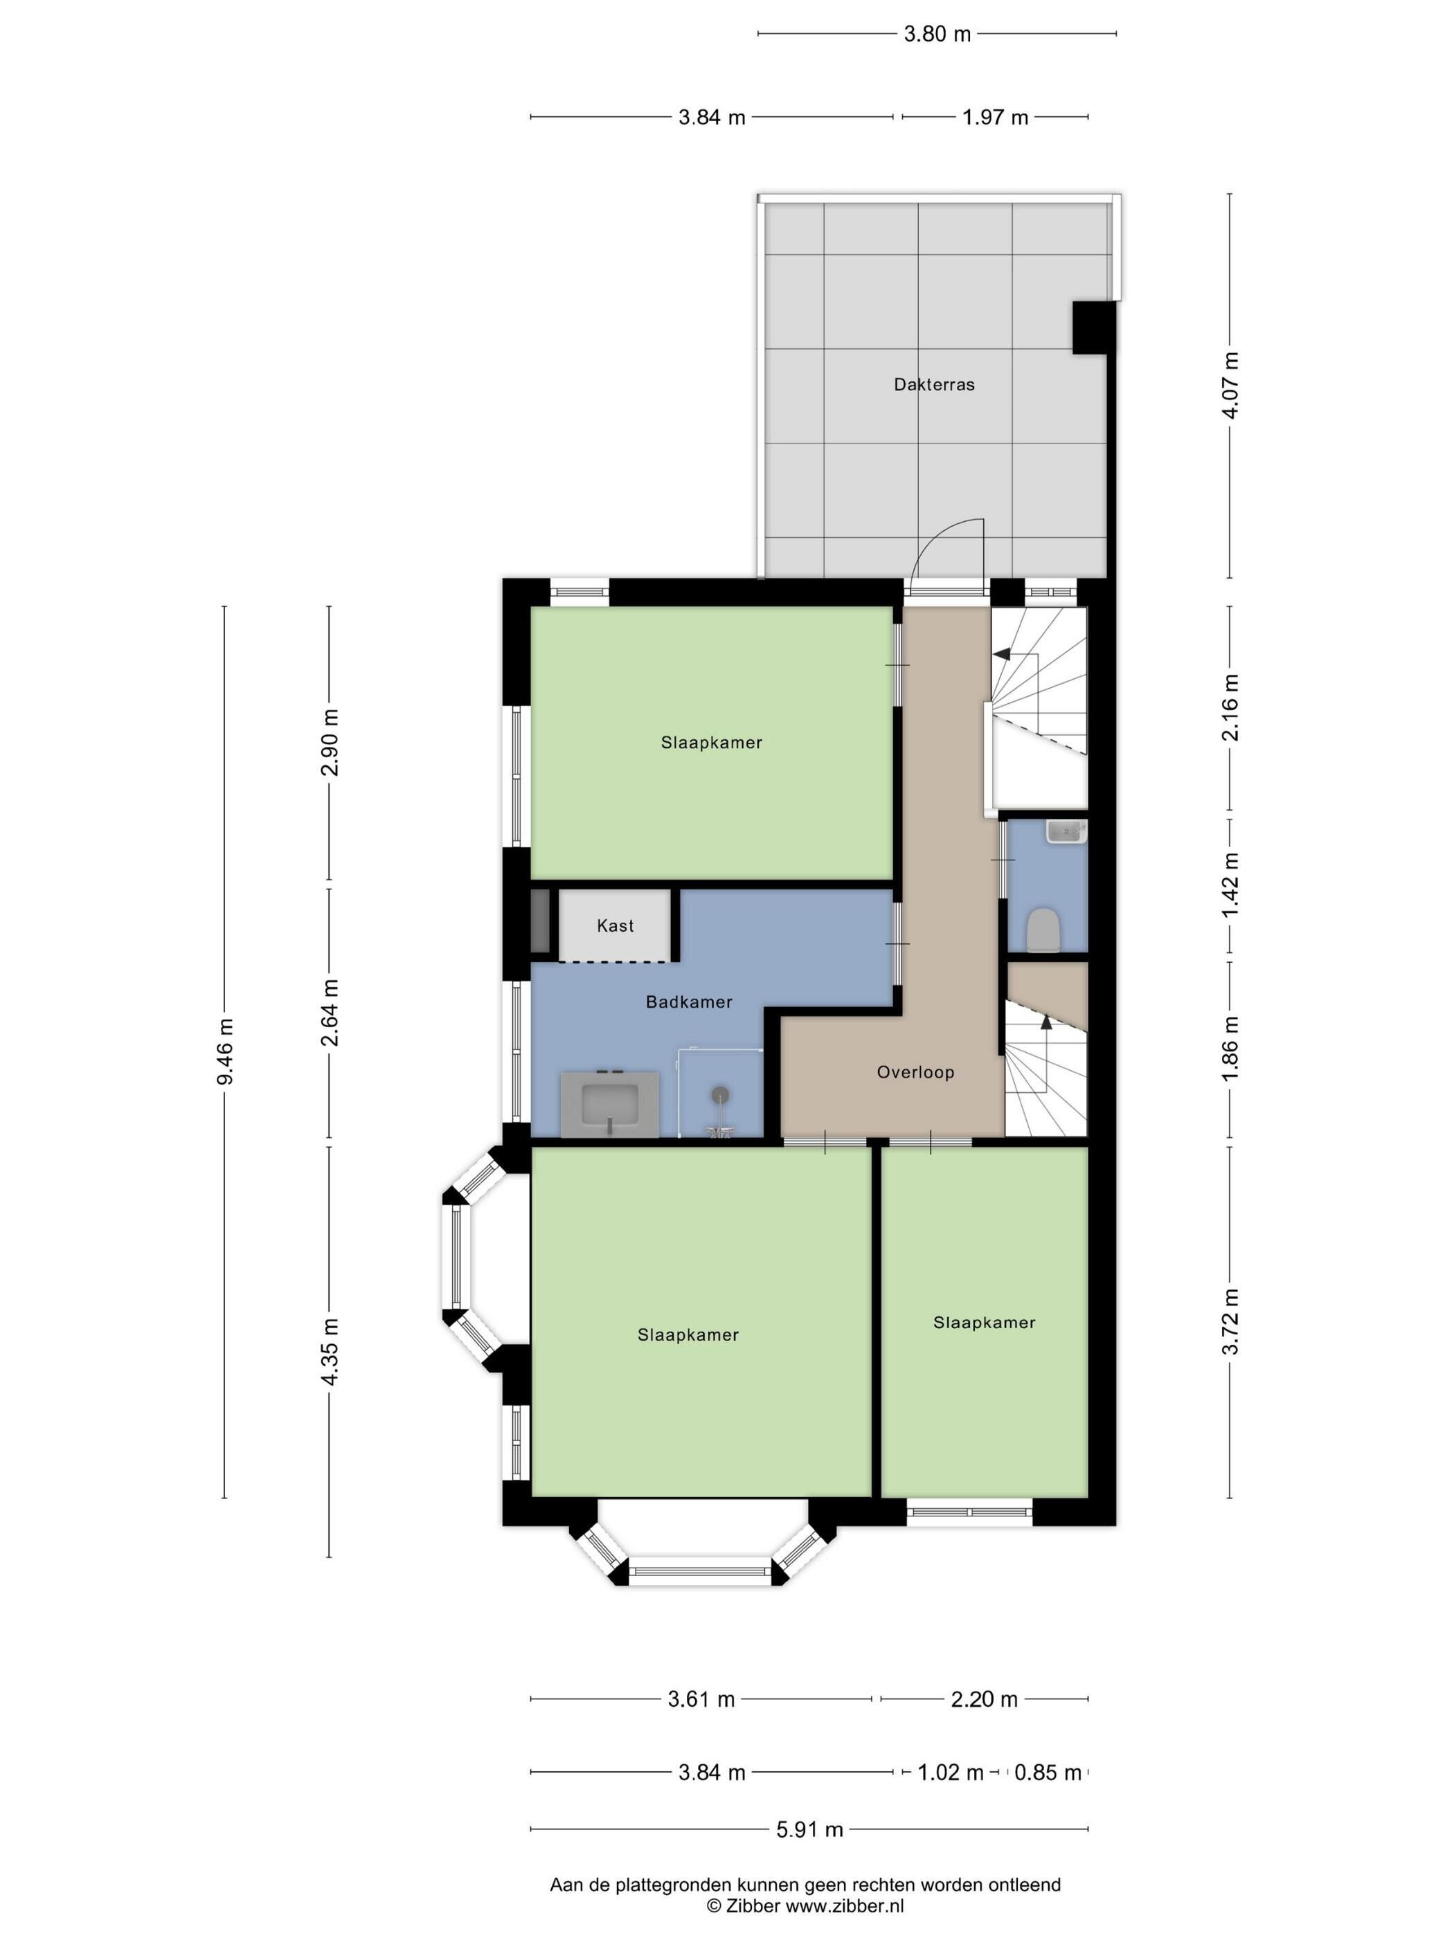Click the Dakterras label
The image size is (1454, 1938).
[933, 385]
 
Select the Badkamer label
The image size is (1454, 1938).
[689, 1002]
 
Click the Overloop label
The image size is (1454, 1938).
[915, 1071]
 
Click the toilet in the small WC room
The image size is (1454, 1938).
[1043, 930]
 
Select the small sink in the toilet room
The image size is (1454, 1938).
[1066, 831]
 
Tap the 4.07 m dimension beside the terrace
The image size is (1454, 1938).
[1230, 386]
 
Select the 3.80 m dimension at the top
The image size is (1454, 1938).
[937, 34]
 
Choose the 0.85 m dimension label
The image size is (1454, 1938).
[1048, 1773]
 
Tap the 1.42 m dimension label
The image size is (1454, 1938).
[1230, 886]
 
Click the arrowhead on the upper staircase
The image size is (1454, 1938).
[1000, 653]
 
